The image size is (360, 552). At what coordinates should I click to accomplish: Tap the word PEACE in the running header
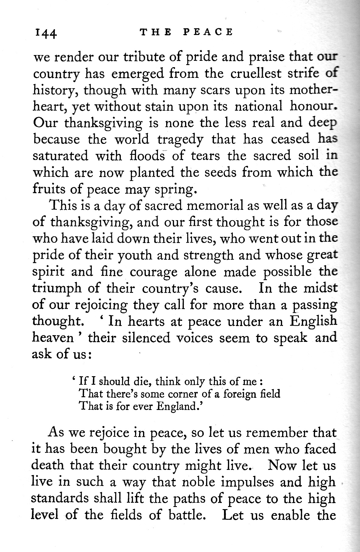click(x=208, y=32)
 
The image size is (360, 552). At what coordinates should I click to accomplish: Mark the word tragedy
click(x=180, y=139)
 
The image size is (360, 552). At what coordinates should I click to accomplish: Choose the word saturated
click(x=61, y=156)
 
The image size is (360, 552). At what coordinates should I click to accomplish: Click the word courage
click(x=153, y=272)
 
